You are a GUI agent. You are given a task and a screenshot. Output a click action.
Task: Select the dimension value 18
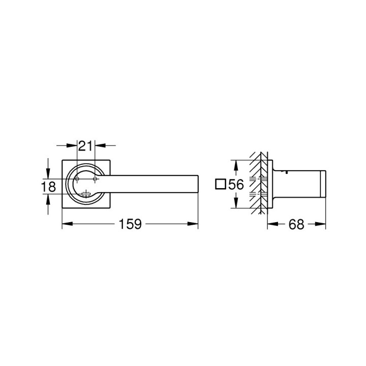pos(48,187)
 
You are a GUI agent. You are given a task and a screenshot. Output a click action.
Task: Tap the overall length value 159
pos(130,224)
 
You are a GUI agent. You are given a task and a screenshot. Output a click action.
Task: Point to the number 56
pos(236,185)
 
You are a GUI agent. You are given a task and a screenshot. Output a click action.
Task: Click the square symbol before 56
pos(220,185)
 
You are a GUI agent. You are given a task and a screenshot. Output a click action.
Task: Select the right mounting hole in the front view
pos(95,179)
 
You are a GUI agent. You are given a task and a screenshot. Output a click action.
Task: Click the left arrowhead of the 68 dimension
pos(270,224)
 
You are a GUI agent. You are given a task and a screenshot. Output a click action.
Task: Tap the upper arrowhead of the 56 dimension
pos(235,164)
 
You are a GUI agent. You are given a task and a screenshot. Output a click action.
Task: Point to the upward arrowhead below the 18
pos(48,200)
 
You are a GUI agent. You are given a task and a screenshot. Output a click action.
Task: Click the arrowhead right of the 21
pos(99,146)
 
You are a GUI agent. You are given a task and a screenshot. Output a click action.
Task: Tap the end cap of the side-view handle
pos(321,185)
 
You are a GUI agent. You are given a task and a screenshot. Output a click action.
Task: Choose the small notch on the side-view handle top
pos(288,172)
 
